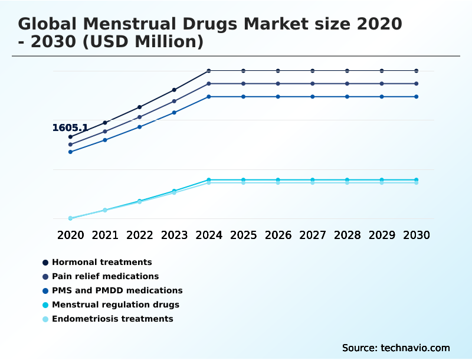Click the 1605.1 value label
click(x=70, y=128)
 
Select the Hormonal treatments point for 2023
click(x=174, y=90)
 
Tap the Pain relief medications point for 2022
click(x=140, y=117)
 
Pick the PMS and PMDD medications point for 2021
click(x=105, y=140)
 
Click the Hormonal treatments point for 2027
click(x=313, y=71)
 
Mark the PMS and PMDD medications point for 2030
click(x=416, y=97)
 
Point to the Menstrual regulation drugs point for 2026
click(x=278, y=179)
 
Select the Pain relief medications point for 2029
click(x=382, y=84)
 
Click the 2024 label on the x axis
click(x=209, y=235)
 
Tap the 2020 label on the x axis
click(x=70, y=235)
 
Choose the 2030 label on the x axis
click(x=416, y=235)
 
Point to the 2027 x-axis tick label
click(x=313, y=235)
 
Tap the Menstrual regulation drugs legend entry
click(x=115, y=305)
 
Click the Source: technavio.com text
click(x=396, y=348)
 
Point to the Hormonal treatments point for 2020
click(x=70, y=137)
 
